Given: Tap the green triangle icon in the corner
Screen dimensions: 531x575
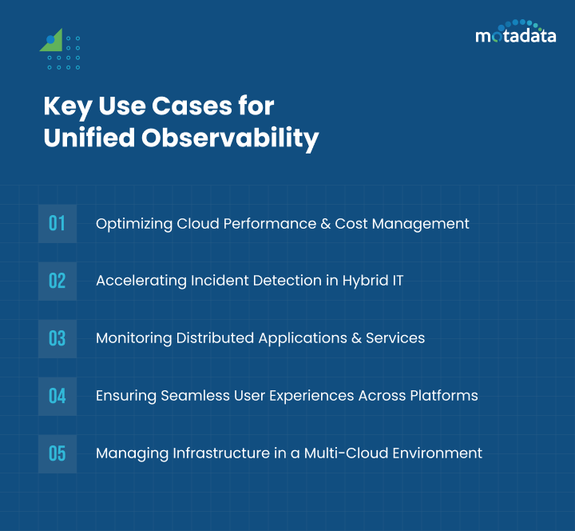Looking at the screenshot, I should pyautogui.click(x=52, y=42).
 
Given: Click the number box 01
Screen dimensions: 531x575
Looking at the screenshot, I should pyautogui.click(x=57, y=223).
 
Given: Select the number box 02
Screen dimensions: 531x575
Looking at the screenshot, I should pyautogui.click(x=57, y=281).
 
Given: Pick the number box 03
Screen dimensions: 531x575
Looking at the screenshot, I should pyautogui.click(x=57, y=338).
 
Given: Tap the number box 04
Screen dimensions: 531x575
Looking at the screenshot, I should pyautogui.click(x=57, y=396).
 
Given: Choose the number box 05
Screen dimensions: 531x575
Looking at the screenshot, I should pyautogui.click(x=57, y=453).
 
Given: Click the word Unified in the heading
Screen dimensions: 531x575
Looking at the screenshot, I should pyautogui.click(x=89, y=138).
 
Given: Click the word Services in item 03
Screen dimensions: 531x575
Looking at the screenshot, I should pyautogui.click(x=395, y=338).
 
